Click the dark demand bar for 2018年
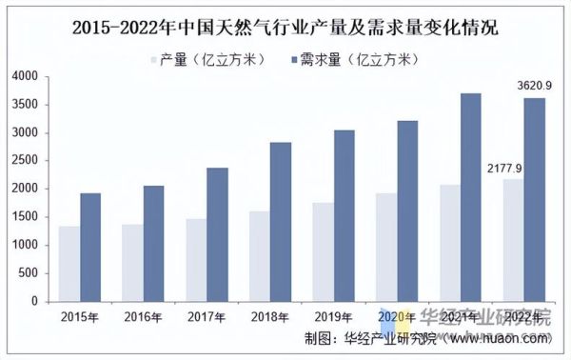[281, 222]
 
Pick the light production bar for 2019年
[323, 252]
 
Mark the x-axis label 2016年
[143, 316]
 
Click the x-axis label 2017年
[207, 316]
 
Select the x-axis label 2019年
[334, 316]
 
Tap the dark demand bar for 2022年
[535, 200]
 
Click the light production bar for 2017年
[195, 260]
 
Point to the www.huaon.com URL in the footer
[501, 338]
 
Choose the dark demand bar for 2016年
[153, 244]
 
